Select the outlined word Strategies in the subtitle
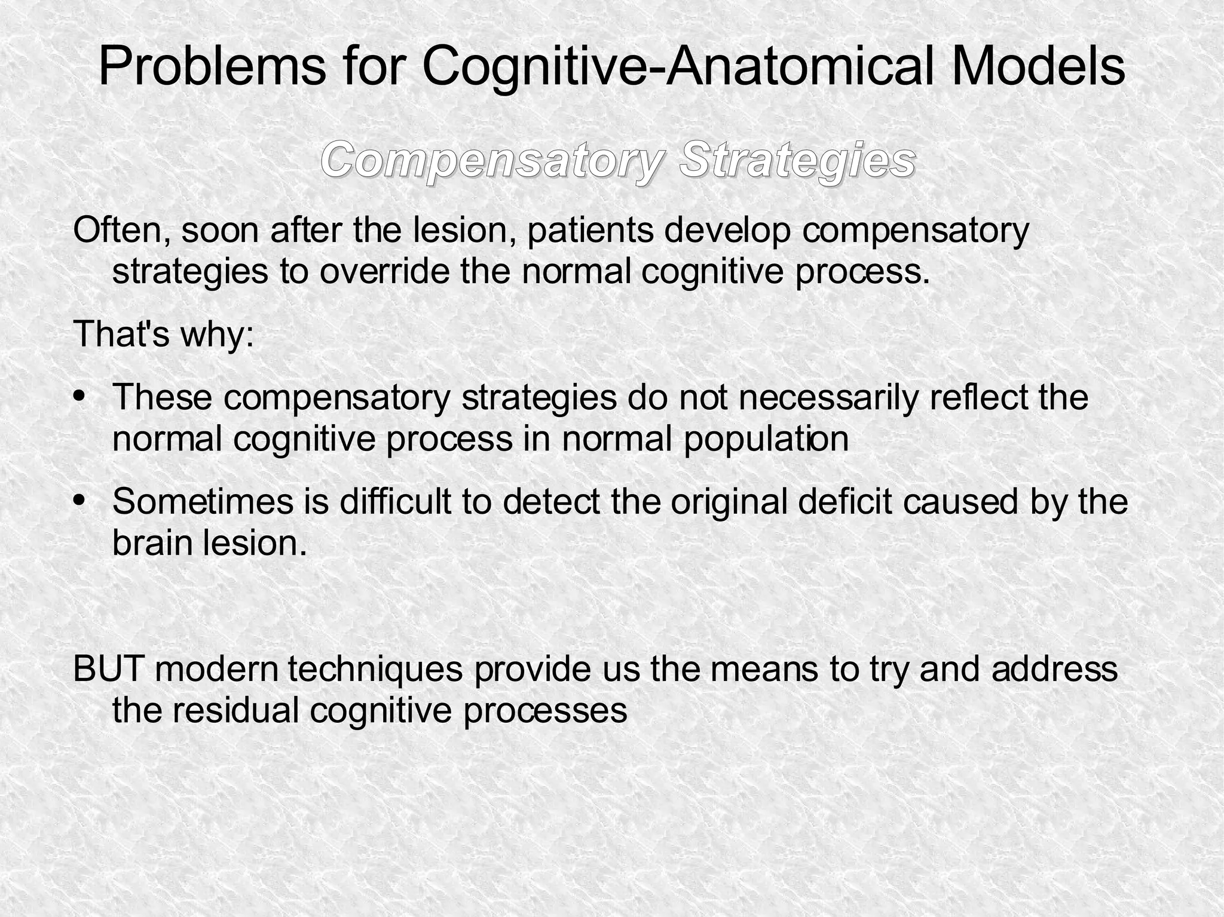click(797, 160)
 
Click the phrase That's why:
click(164, 333)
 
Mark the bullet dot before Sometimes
click(79, 499)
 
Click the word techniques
click(375, 668)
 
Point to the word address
click(1054, 668)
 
